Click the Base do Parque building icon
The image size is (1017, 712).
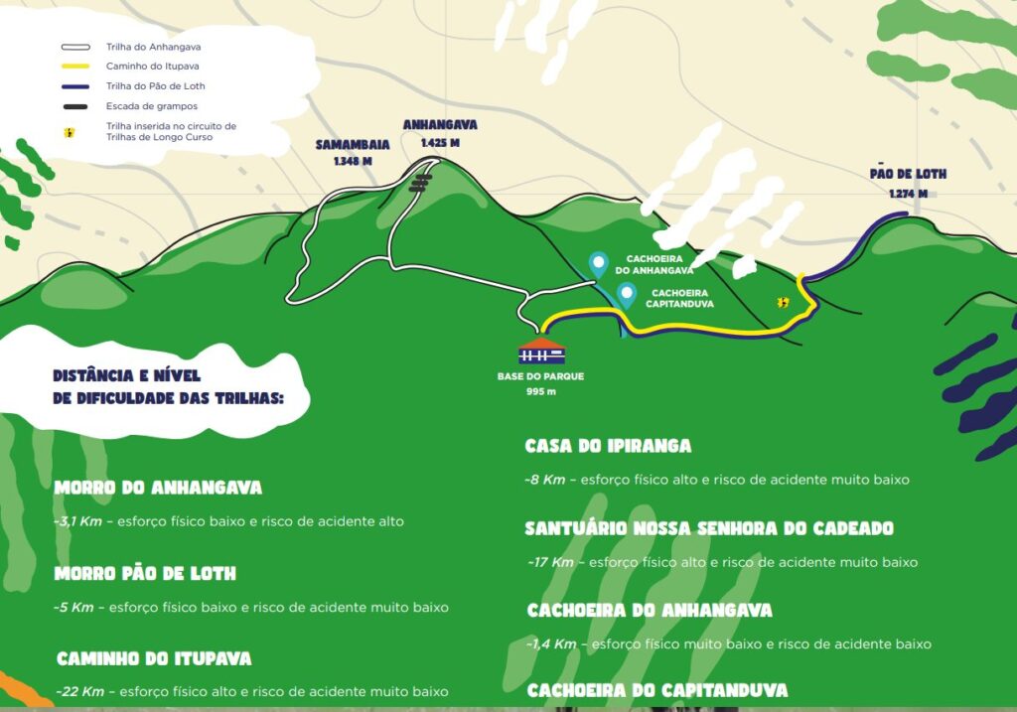(x=541, y=351)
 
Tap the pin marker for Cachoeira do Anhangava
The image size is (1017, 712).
(x=598, y=264)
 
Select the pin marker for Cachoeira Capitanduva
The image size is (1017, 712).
(x=627, y=295)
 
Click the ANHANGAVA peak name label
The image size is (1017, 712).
(x=440, y=125)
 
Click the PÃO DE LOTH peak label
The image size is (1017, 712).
(x=908, y=174)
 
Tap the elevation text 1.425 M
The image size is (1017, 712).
(x=440, y=142)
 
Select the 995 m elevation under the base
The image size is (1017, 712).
(x=541, y=391)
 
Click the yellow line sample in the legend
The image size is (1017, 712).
(x=75, y=67)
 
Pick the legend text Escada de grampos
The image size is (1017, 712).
(x=152, y=106)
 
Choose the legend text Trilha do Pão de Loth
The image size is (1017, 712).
(x=156, y=86)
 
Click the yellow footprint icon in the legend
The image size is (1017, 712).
(x=69, y=131)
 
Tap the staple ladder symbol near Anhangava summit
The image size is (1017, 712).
(x=422, y=183)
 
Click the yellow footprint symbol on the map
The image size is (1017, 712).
(x=784, y=302)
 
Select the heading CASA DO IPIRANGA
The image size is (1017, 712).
(x=608, y=447)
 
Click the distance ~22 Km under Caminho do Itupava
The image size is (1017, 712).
(x=79, y=691)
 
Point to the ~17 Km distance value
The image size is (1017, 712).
(x=551, y=562)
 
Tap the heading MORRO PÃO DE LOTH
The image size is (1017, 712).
(x=145, y=574)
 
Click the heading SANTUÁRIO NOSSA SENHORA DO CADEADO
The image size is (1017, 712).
(x=709, y=528)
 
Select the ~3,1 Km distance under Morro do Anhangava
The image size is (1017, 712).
(x=78, y=520)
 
